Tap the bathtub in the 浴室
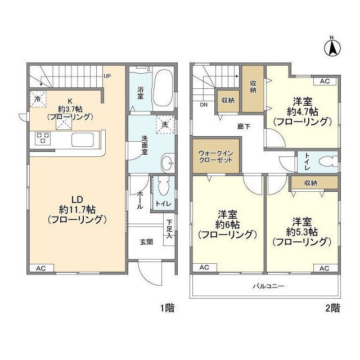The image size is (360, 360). coord(163,89)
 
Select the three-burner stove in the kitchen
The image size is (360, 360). coord(43,138)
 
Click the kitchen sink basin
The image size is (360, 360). coord(83,140)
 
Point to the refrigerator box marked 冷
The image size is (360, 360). coord(38,99)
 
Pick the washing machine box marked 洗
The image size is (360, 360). coord(165,124)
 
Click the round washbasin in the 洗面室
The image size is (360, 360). coord(168,163)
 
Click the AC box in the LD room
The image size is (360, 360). coord(42,268)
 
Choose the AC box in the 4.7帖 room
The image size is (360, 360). coord(325,81)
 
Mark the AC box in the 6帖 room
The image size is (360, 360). coord(205,268)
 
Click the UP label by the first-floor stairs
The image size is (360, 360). coord(107,76)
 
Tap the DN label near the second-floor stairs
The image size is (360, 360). coord(204,105)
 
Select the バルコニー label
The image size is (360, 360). coord(269,286)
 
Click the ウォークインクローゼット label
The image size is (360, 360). coord(216,156)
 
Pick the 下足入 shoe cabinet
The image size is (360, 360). coord(169,229)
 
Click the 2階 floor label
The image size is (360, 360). coord(333,308)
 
